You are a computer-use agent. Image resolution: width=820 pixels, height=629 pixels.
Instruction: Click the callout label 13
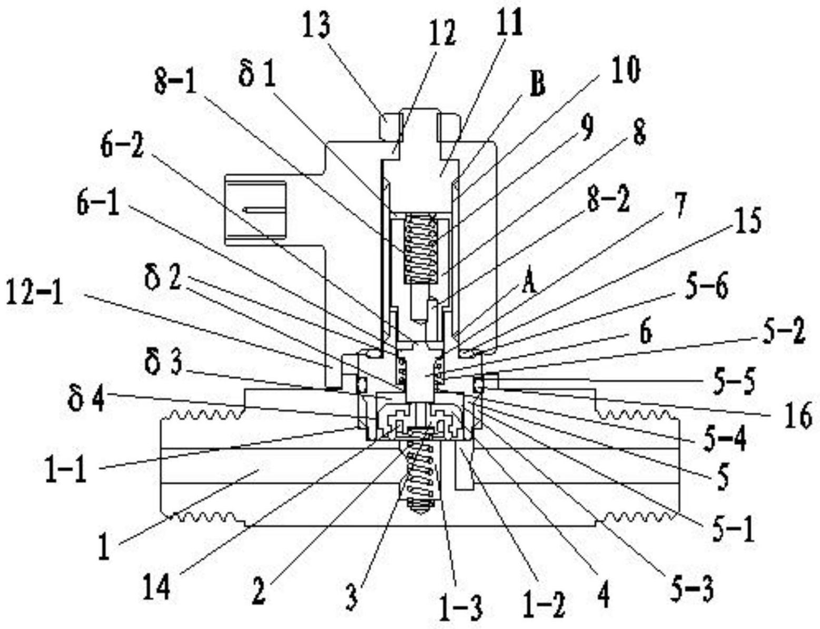318,26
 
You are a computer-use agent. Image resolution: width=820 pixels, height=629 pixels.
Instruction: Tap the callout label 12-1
35,293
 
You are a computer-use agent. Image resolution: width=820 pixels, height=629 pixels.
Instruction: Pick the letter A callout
529,285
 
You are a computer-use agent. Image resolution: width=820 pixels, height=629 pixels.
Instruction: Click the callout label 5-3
695,590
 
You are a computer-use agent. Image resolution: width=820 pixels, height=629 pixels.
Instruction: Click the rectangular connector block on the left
255,212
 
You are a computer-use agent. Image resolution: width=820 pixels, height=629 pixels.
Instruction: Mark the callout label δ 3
164,364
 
